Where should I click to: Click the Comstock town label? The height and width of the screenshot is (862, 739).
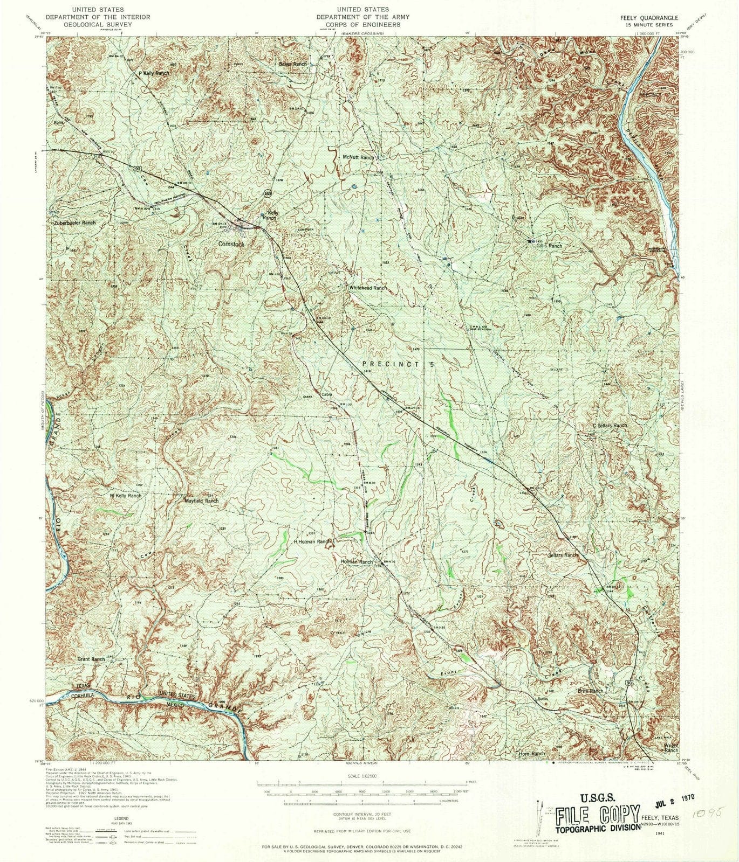(231, 244)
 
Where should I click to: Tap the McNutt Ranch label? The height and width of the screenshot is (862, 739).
(358, 157)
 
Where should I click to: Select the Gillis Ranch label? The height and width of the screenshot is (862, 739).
(549, 246)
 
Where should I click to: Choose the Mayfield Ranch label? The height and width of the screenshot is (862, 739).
(202, 500)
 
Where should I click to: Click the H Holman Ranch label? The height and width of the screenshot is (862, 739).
(311, 541)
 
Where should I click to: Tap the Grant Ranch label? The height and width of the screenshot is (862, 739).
(91, 659)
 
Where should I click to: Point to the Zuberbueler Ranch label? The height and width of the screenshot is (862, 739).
(74, 222)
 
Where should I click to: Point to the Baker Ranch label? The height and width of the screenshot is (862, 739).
(292, 64)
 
